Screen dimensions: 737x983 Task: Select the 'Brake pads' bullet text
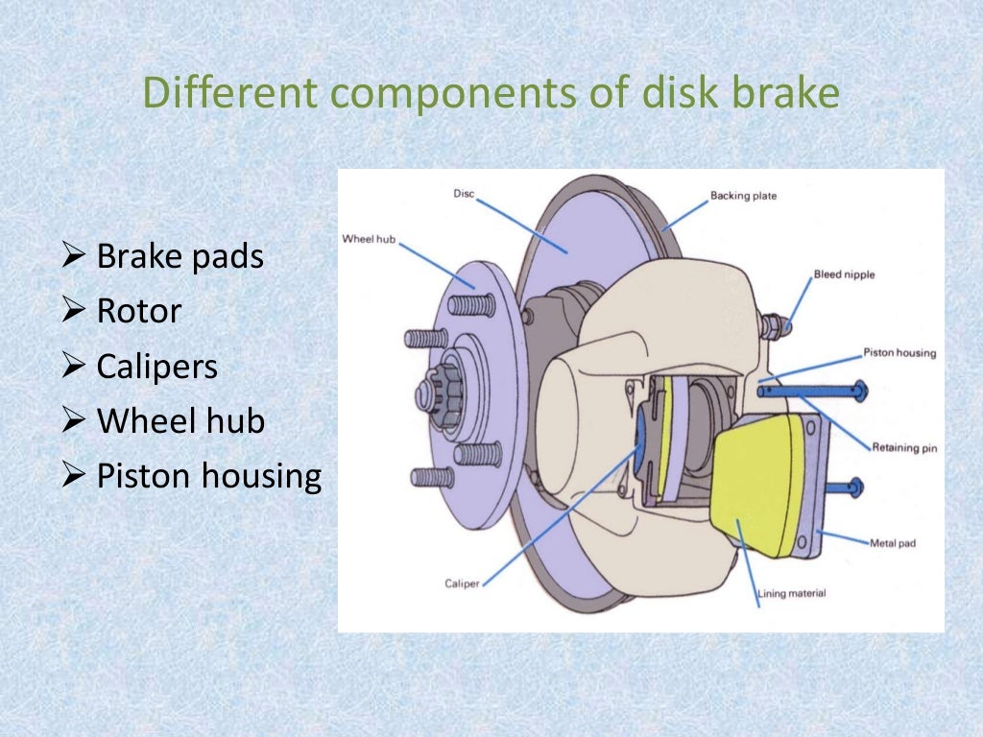point(180,257)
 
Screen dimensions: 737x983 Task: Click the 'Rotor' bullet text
point(139,311)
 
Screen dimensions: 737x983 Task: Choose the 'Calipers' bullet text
point(157,367)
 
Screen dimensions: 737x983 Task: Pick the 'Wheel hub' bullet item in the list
point(180,421)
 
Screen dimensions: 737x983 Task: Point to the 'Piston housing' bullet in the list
point(208,476)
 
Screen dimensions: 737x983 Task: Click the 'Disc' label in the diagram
point(464,194)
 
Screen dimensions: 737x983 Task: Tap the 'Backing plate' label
point(743,196)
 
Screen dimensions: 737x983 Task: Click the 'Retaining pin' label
point(904,447)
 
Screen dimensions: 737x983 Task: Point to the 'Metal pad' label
point(893,543)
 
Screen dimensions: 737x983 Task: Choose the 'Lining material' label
point(792,593)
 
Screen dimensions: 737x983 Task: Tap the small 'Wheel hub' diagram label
point(370,237)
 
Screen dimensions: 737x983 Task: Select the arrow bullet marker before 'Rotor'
point(74,311)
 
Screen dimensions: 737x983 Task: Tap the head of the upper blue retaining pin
point(857,391)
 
